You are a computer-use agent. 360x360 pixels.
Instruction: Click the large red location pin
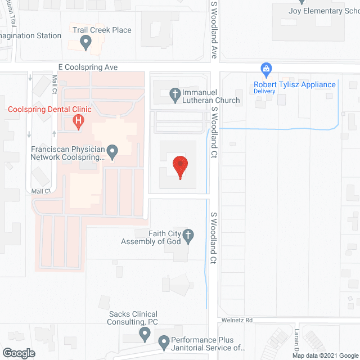pyautogui.click(x=180, y=167)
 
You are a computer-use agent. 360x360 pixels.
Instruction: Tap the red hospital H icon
pyautogui.click(x=78, y=120)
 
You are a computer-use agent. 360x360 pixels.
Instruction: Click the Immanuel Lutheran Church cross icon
pyautogui.click(x=175, y=93)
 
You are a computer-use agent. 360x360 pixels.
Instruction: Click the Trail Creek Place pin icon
pyautogui.click(x=85, y=41)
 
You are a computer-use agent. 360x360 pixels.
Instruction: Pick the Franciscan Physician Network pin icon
pyautogui.click(x=112, y=150)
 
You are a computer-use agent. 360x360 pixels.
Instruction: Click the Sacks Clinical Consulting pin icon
pyautogui.click(x=145, y=335)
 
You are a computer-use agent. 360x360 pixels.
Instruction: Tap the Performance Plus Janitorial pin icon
pyautogui.click(x=164, y=341)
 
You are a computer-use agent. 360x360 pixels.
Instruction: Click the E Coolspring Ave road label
pyautogui.click(x=91, y=67)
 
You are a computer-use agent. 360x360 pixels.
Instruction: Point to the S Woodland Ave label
pyautogui.click(x=214, y=31)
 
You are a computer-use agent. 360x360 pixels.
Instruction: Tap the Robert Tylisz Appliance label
pyautogui.click(x=294, y=85)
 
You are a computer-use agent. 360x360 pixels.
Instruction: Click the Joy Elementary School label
pyautogui.click(x=316, y=11)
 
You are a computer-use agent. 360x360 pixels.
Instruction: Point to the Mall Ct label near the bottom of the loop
pyautogui.click(x=41, y=191)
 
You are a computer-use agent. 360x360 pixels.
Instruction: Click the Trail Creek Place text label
pyautogui.click(x=102, y=30)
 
